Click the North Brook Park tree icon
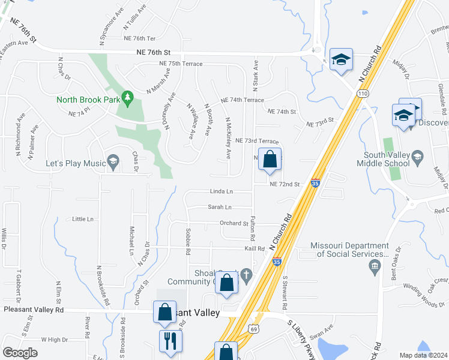(127, 97)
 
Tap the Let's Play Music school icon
(113, 161)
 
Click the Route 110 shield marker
(362, 94)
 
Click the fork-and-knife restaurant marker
(170, 341)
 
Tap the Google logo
(20, 353)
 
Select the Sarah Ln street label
(219, 207)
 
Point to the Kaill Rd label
(255, 248)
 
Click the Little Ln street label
(83, 220)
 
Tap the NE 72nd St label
(284, 184)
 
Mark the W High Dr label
(54, 340)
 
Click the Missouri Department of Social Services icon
(376, 266)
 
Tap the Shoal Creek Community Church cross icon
(246, 275)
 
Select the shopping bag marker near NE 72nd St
(270, 159)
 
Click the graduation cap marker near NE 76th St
(341, 59)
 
